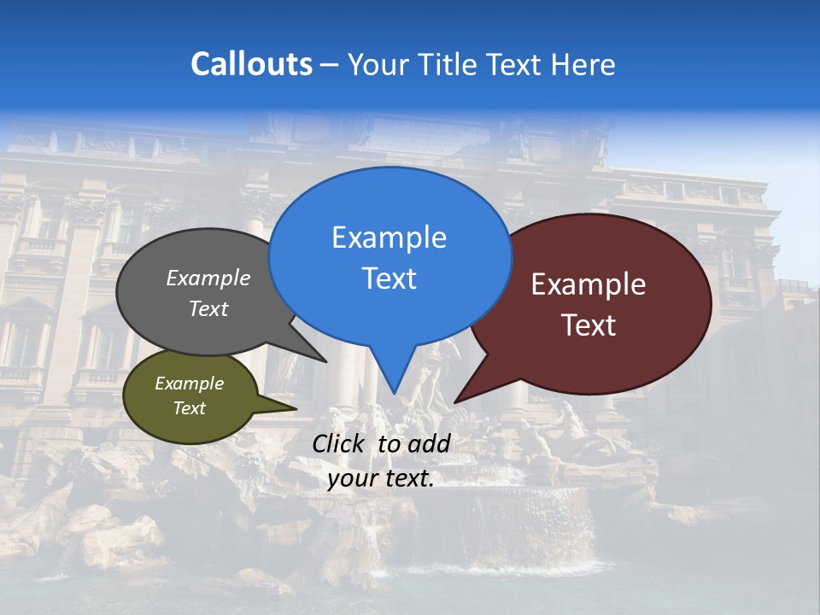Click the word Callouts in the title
(x=251, y=64)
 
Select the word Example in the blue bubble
(x=389, y=237)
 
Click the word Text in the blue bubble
(x=389, y=278)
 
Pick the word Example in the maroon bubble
(x=589, y=284)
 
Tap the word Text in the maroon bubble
(x=589, y=325)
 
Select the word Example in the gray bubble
(x=208, y=278)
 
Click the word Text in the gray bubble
(x=208, y=309)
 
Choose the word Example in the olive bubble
(x=189, y=384)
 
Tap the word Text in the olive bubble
(x=189, y=408)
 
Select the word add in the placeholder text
(x=429, y=443)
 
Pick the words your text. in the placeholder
(x=380, y=478)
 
